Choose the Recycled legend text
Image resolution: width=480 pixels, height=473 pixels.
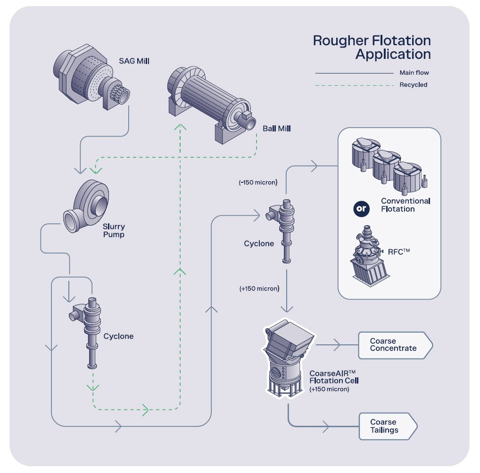413,85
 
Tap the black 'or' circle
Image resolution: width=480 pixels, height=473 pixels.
361,209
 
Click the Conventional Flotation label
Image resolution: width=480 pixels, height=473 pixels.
406,205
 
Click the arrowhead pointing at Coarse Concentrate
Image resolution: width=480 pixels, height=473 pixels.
337,345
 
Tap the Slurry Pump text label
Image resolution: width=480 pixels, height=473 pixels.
115,230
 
